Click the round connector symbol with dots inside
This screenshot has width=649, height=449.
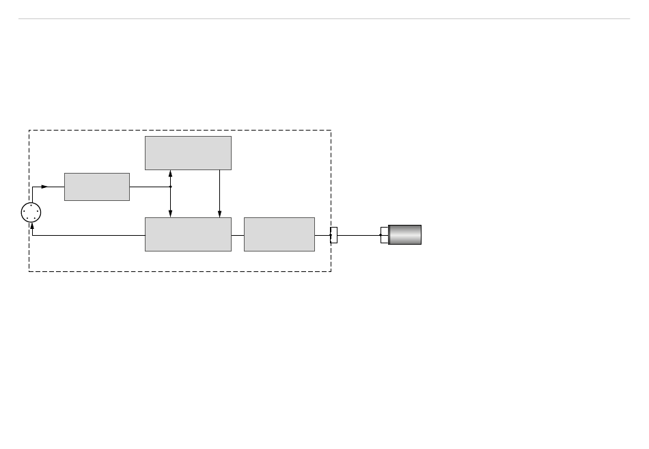[31, 213]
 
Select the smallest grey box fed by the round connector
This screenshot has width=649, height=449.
[97, 187]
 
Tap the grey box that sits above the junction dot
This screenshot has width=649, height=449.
[188, 152]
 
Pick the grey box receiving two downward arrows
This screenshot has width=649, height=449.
[188, 234]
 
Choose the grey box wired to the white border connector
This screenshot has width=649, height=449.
[279, 234]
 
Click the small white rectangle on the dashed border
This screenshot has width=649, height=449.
[333, 235]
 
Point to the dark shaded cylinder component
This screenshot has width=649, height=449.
[405, 234]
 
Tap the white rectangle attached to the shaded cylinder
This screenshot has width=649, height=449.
[384, 235]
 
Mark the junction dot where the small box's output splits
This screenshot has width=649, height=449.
[170, 187]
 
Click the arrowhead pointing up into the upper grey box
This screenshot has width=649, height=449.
[170, 174]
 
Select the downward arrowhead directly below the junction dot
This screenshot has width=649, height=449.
[170, 214]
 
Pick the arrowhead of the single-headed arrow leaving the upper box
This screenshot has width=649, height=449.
[219, 214]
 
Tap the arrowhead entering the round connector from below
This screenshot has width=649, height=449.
[32, 226]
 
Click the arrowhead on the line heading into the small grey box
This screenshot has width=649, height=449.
[44, 187]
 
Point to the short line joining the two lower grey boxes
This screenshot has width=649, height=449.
[238, 235]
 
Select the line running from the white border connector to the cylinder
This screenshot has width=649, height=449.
[359, 235]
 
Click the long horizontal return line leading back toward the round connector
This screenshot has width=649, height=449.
[89, 235]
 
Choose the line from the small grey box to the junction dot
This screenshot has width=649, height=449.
[150, 187]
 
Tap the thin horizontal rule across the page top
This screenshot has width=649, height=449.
[324, 19]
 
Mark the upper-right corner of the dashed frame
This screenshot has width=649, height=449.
[331, 131]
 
